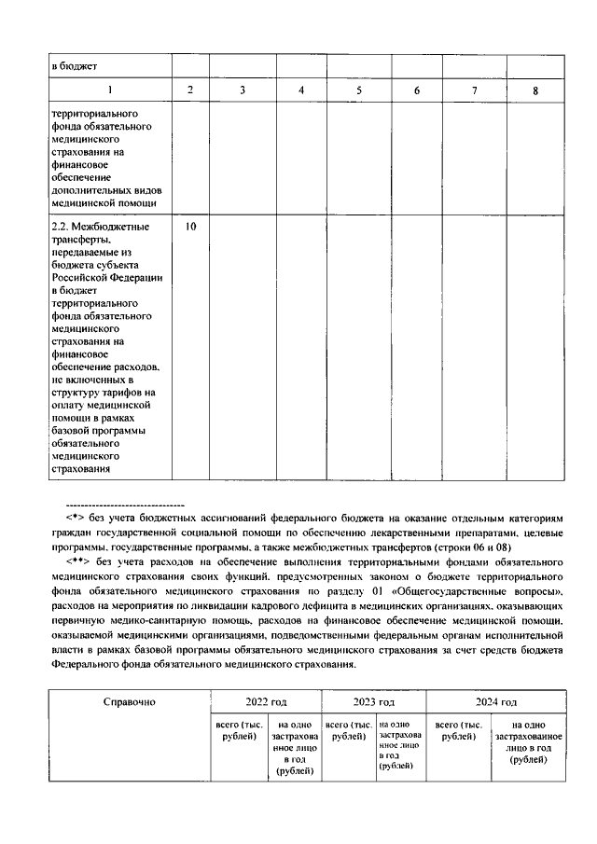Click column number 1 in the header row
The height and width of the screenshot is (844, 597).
109,90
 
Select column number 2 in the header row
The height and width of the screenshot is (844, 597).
190,90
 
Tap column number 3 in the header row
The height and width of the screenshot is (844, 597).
243,90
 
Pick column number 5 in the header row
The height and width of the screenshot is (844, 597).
359,90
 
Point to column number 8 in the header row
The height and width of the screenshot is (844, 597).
535,90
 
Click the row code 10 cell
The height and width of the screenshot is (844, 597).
190,227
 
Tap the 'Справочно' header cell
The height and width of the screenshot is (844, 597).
129,701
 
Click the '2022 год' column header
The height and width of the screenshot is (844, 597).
265,701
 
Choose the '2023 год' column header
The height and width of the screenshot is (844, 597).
373,701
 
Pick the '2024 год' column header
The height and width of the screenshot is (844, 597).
496,701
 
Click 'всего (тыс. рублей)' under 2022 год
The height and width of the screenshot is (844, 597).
239,730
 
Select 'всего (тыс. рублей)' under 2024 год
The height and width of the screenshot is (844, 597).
458,730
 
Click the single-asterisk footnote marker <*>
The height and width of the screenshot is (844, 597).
76,517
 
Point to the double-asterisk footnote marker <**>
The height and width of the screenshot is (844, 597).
77,562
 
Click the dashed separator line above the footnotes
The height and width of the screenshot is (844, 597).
130,504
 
